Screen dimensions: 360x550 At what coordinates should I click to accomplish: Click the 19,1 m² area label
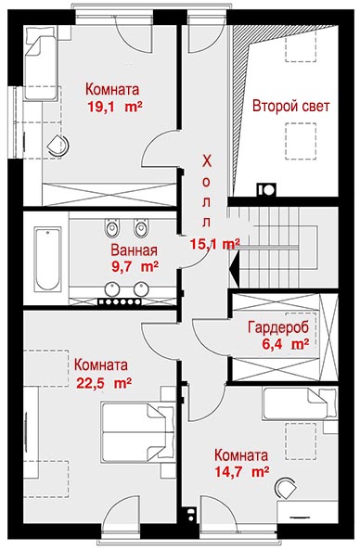point(114,107)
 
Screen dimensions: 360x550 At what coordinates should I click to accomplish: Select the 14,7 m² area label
point(242,471)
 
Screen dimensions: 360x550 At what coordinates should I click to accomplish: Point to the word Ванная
point(134,250)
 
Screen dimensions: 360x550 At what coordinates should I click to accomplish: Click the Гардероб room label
point(278,327)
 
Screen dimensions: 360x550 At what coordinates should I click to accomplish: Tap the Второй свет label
point(291,106)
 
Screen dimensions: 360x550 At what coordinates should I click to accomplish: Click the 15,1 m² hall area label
point(214,244)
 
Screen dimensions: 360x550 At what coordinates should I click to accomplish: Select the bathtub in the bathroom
point(47,259)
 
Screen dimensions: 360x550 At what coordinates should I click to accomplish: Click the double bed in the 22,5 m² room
point(138,432)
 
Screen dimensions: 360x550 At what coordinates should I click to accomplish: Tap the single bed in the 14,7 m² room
point(300,403)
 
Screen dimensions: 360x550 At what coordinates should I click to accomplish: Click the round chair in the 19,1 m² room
point(58,147)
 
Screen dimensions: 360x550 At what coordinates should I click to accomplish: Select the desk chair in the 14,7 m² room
point(286,487)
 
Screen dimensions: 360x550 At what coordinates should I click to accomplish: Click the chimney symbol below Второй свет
point(266,189)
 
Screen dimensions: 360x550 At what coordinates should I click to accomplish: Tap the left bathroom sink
point(112,289)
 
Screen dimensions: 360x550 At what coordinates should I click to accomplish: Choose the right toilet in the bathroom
point(141,228)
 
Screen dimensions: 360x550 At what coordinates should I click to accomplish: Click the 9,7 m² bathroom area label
point(135,266)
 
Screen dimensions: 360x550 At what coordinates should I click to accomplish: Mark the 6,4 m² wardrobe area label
point(285,344)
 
